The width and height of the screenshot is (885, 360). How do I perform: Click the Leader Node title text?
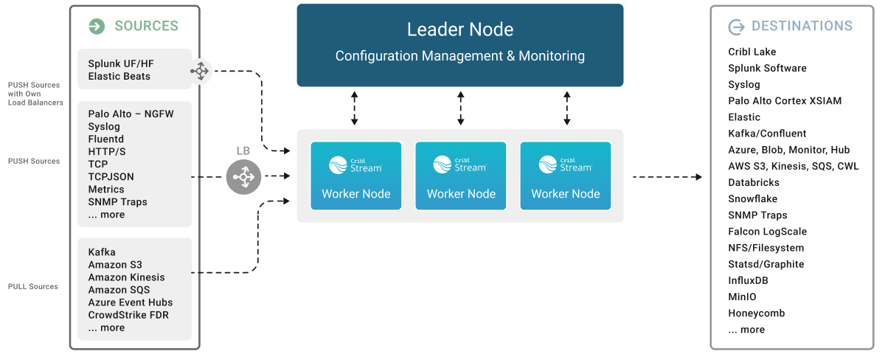tap(460, 30)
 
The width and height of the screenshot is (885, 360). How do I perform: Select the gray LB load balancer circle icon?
tap(244, 177)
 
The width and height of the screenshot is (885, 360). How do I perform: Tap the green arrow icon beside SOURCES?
tap(97, 27)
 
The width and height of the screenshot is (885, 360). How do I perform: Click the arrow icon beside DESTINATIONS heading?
tap(736, 27)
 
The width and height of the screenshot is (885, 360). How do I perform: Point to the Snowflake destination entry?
tap(752, 198)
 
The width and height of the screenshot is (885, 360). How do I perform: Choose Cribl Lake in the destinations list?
tap(752, 52)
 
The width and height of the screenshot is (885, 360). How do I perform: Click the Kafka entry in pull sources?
tap(102, 252)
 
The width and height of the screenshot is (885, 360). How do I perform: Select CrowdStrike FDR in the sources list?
tap(128, 315)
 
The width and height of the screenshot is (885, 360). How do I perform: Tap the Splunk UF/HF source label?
tap(121, 63)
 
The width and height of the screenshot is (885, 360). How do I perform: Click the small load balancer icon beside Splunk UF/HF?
tap(199, 70)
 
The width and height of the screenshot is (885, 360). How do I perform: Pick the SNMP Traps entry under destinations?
tap(757, 215)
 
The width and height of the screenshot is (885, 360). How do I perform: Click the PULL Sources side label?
tap(33, 286)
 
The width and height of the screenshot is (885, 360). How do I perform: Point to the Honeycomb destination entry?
tap(756, 313)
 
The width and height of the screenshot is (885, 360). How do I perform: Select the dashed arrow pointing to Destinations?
tap(667, 177)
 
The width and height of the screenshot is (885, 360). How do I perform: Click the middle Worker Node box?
tap(461, 176)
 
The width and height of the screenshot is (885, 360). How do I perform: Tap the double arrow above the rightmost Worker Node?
tap(566, 108)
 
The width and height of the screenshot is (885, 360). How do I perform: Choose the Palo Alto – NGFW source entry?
tap(131, 114)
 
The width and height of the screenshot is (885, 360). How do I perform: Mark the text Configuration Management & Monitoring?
tap(460, 56)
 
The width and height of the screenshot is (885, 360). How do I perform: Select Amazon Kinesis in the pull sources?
tap(126, 277)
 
